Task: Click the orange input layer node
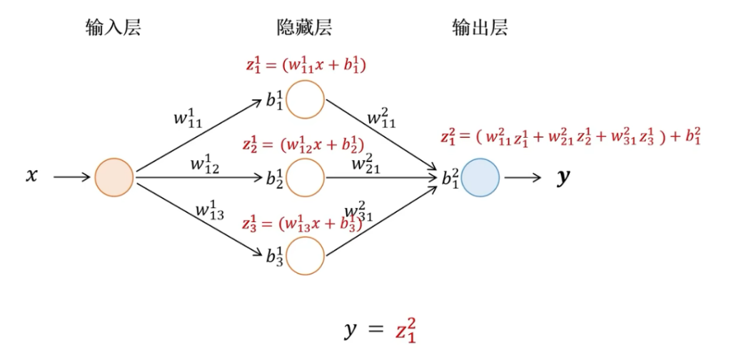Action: pyautogui.click(x=114, y=177)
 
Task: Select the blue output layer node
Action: pyautogui.click(x=480, y=177)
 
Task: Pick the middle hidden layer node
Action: pyautogui.click(x=305, y=177)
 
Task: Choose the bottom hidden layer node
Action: pyautogui.click(x=305, y=255)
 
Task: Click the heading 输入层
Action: pyautogui.click(x=113, y=28)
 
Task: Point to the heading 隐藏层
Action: pyautogui.click(x=304, y=28)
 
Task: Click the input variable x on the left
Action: pyautogui.click(x=31, y=176)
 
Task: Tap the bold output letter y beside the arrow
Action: pyautogui.click(x=564, y=176)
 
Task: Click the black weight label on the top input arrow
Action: pyautogui.click(x=188, y=119)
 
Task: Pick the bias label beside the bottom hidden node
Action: pyautogui.click(x=276, y=256)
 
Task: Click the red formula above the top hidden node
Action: pyautogui.click(x=306, y=66)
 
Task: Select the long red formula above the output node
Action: pyautogui.click(x=570, y=136)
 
